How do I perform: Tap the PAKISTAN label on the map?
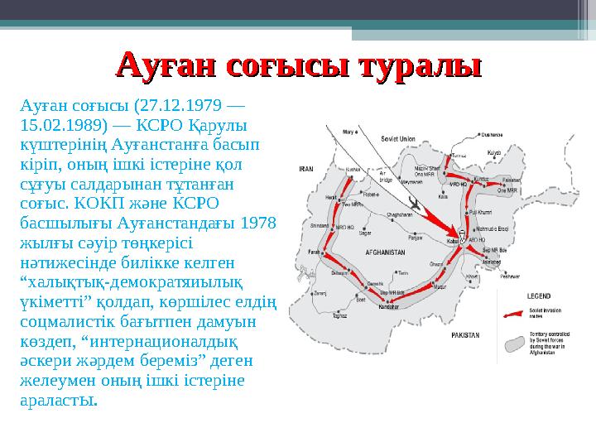point(466,335)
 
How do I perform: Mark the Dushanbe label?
point(492,134)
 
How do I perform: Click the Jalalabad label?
point(490,261)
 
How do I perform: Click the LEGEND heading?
point(540,295)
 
